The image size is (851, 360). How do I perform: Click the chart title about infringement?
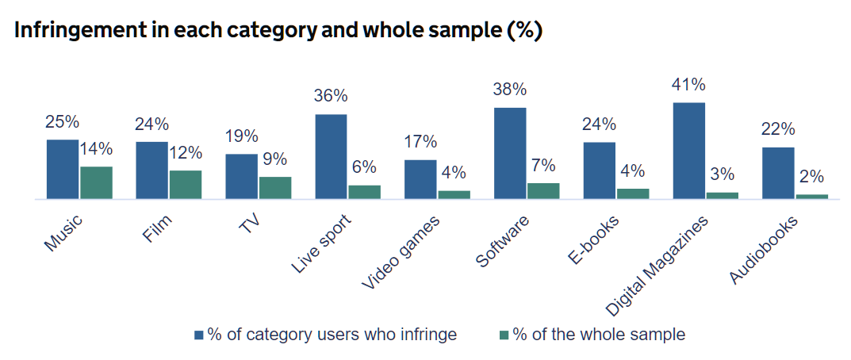click(x=278, y=31)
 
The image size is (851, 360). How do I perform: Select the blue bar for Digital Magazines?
click(x=688, y=151)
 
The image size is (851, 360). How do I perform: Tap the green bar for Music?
click(x=96, y=182)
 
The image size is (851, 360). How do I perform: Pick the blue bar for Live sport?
click(x=331, y=156)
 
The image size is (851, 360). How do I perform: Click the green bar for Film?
click(x=185, y=184)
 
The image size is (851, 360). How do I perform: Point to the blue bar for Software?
click(x=510, y=153)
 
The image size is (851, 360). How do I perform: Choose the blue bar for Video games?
click(x=420, y=179)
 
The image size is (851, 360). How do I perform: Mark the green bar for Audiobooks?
click(x=811, y=196)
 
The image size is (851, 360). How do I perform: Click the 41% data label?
click(x=688, y=85)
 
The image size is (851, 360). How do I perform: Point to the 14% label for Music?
click(x=96, y=148)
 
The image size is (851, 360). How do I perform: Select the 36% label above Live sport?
click(x=331, y=96)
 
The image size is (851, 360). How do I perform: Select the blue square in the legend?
click(x=199, y=335)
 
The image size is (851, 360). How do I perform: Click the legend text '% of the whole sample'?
click(x=598, y=335)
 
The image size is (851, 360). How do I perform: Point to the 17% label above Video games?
click(x=420, y=142)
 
